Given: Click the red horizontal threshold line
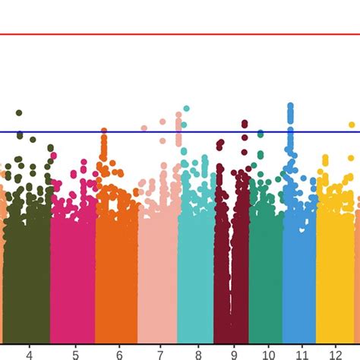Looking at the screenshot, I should tap(180, 34).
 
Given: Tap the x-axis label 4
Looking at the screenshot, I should tap(29, 354).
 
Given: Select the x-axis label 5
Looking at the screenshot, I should tap(74, 354).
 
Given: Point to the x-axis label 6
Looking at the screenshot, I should tap(118, 354).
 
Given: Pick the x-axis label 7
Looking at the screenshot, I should tap(159, 354).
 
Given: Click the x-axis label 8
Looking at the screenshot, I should tap(197, 354).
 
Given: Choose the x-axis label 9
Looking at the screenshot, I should tap(234, 354).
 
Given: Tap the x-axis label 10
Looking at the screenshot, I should tap(267, 354).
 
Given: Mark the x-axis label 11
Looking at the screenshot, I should tap(302, 354).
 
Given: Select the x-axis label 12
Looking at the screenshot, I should tap(336, 354).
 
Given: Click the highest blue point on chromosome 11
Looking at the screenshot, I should tap(290, 106).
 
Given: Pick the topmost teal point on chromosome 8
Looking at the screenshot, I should tap(186, 109).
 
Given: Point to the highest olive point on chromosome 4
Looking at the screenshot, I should tap(19, 112).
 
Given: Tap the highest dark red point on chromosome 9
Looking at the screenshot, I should tap(245, 122).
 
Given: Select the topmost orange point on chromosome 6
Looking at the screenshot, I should tap(104, 131).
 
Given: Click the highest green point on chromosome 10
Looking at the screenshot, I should tap(261, 134).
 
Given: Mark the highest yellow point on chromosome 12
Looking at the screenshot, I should tap(352, 125).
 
